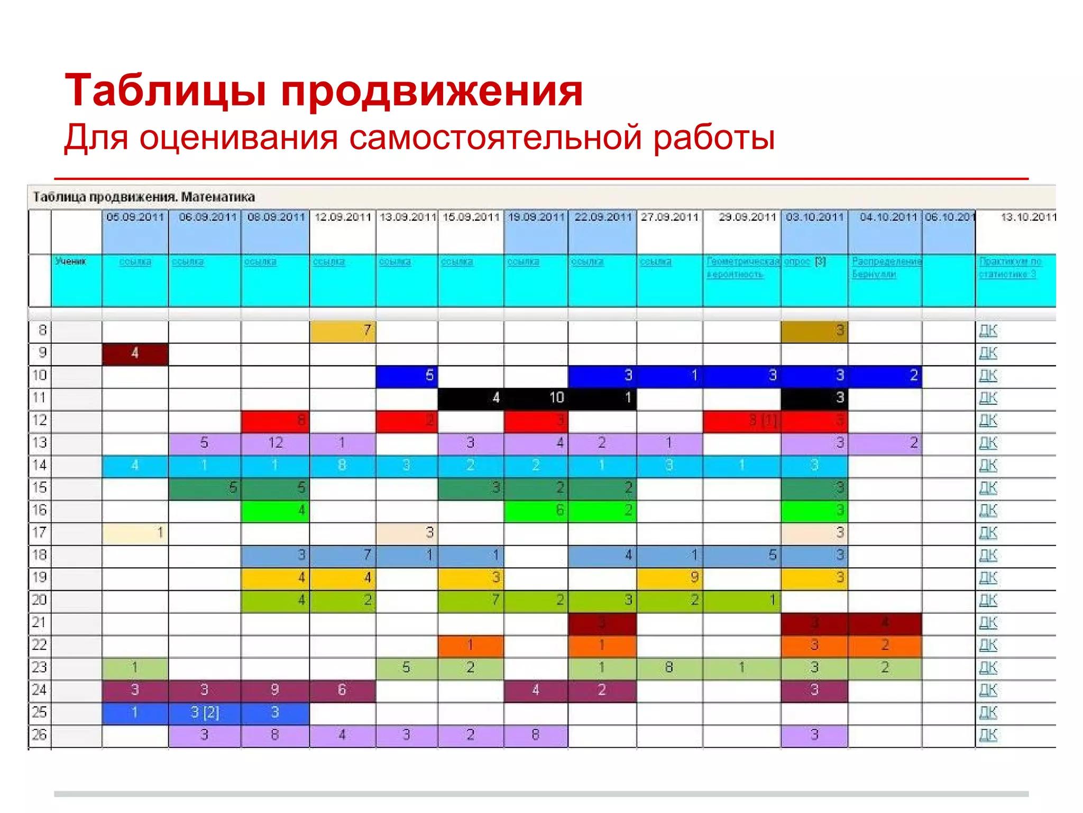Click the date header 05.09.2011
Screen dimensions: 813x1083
135,217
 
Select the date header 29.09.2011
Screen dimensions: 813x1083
747,217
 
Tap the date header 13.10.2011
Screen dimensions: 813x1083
1027,217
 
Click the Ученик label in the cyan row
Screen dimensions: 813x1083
70,261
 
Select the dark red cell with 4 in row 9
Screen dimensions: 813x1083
135,353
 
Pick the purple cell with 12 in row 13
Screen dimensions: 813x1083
275,443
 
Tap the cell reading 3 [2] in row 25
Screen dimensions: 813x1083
204,713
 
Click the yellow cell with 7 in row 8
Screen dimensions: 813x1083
343,331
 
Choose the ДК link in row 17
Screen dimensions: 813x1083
988,533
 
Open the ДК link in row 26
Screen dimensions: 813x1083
988,735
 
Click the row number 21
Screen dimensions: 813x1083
40,623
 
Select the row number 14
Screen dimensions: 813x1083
40,466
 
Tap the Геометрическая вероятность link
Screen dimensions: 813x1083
742,268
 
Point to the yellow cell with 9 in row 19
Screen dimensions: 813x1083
670,578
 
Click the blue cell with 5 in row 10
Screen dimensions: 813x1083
407,376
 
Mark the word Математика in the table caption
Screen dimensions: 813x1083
218,197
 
